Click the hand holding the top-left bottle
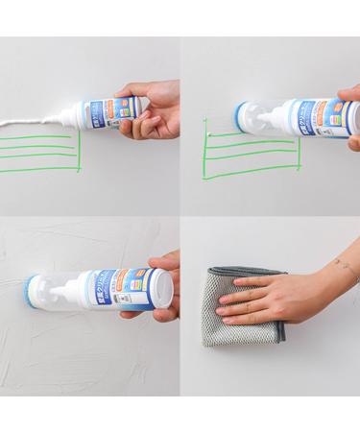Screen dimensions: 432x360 click(x=154, y=111)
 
